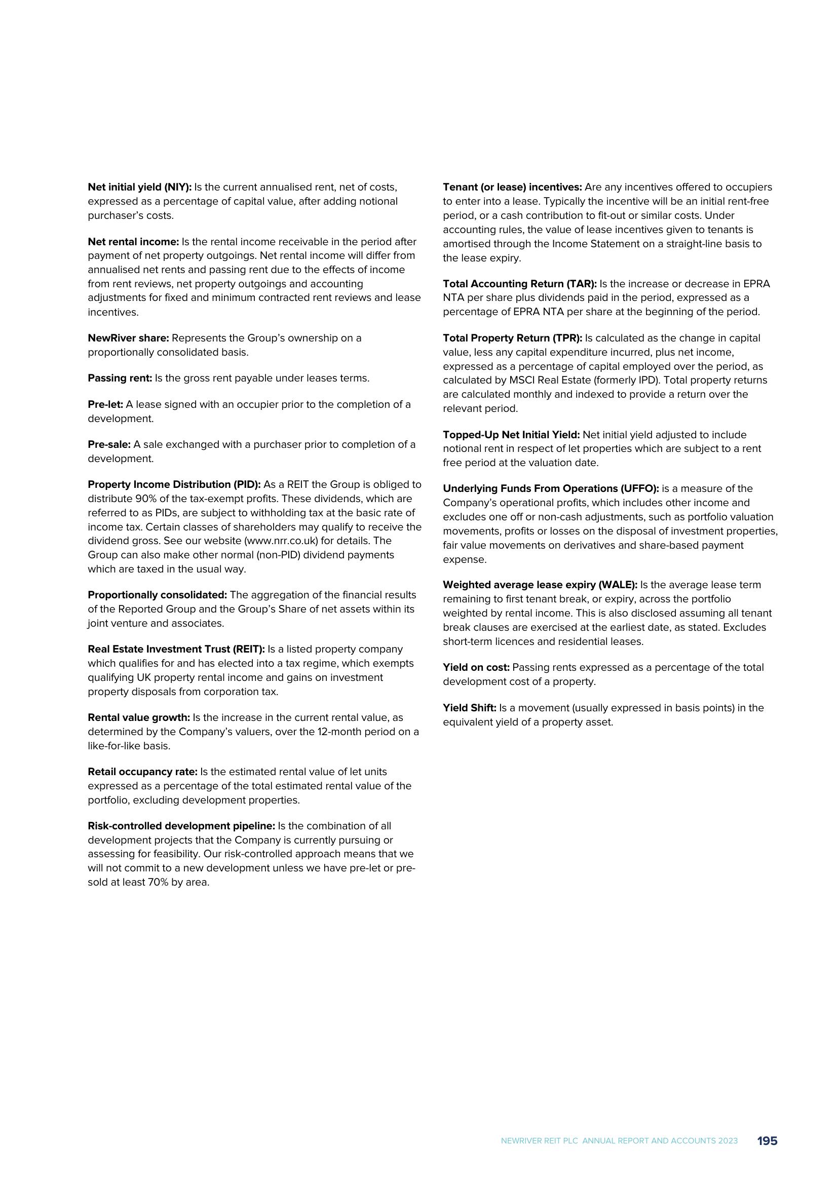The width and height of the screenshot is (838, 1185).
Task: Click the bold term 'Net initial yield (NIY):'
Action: [x=139, y=187]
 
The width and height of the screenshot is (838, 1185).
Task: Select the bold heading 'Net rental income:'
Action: [x=133, y=242]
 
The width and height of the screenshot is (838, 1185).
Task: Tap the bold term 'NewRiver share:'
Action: [x=129, y=338]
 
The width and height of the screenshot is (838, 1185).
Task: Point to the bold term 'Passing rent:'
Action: [x=120, y=378]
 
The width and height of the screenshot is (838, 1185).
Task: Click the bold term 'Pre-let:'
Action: [x=105, y=405]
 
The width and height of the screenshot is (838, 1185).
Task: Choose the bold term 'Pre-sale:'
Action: [x=109, y=444]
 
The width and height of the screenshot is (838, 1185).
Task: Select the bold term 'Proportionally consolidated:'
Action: [x=158, y=595]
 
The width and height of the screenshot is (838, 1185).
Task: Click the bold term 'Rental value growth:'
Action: [x=139, y=717]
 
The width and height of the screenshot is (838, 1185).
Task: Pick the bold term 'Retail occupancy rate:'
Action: [x=142, y=772]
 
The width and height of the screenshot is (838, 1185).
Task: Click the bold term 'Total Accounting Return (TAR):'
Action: [x=520, y=284]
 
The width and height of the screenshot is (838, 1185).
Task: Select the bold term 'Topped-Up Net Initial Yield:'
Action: [x=511, y=435]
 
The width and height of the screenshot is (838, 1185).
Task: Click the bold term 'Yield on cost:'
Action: [x=476, y=667]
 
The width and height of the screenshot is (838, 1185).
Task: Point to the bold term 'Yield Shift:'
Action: [x=470, y=708]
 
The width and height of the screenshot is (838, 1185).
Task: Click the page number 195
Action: [x=767, y=1141]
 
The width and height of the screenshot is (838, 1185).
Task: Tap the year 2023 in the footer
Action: [x=728, y=1141]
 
